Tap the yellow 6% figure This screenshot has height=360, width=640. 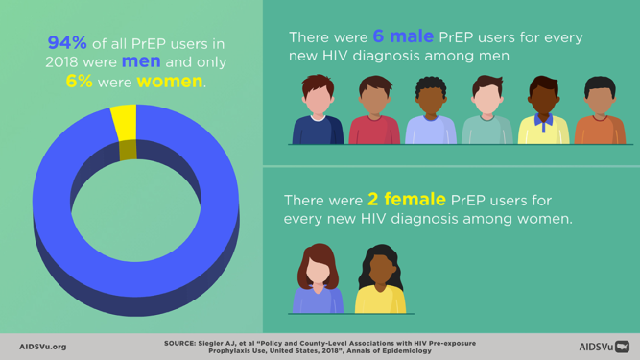(x=79, y=82)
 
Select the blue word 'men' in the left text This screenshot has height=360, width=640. (x=141, y=61)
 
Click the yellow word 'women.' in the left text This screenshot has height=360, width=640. (x=171, y=82)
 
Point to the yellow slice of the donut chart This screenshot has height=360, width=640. (x=124, y=122)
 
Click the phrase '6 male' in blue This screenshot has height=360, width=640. (x=403, y=36)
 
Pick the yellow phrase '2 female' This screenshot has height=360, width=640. (x=406, y=200)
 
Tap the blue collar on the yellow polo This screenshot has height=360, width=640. (x=544, y=124)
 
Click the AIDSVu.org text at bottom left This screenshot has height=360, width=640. (x=42, y=347)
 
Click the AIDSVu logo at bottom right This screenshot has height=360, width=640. (x=604, y=347)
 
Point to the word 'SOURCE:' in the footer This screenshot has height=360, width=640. (x=180, y=343)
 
